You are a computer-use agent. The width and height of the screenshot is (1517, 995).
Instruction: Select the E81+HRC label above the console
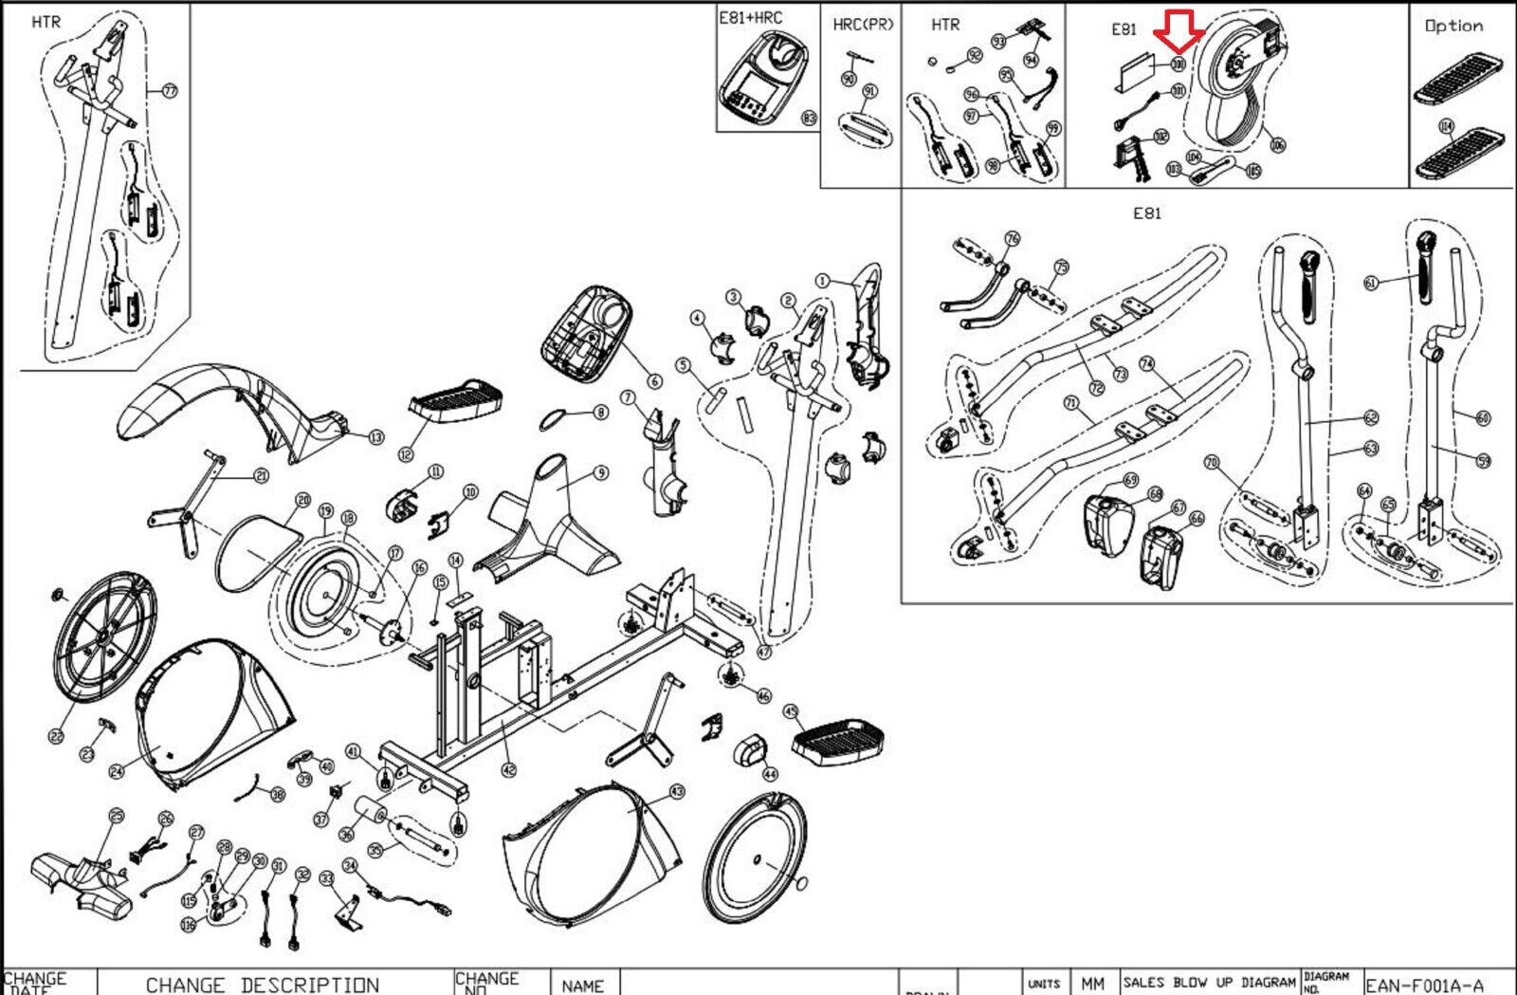(x=751, y=17)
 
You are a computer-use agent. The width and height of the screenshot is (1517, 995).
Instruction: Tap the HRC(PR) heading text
(x=863, y=25)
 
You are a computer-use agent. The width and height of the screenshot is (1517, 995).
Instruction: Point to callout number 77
(x=170, y=91)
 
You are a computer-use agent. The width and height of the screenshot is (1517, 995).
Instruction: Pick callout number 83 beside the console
(x=809, y=119)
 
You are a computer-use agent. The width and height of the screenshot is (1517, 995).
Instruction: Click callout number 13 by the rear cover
(x=376, y=437)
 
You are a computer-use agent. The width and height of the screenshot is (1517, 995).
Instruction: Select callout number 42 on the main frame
(x=509, y=769)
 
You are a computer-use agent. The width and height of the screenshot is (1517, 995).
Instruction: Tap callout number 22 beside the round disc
(x=56, y=736)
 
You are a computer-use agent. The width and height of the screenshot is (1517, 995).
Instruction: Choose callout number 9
(x=600, y=472)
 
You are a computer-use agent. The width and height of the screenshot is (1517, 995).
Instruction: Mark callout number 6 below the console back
(x=654, y=381)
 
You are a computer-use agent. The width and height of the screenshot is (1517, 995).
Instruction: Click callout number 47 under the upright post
(x=764, y=652)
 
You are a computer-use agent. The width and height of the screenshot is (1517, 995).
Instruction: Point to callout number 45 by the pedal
(x=791, y=710)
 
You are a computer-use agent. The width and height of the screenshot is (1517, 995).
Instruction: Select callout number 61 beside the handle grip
(x=1371, y=283)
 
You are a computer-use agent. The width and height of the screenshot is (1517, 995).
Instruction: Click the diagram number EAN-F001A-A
(x=1424, y=985)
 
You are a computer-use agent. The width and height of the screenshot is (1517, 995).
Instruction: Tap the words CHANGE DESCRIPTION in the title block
(x=262, y=985)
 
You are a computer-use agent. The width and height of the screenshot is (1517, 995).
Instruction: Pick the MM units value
(x=1092, y=985)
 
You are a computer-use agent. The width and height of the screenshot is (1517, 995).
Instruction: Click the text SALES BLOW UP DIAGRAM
(x=1209, y=982)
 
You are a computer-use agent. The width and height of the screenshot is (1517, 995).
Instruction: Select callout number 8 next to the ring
(x=600, y=413)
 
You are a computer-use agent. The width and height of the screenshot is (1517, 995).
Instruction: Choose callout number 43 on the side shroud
(x=676, y=791)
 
